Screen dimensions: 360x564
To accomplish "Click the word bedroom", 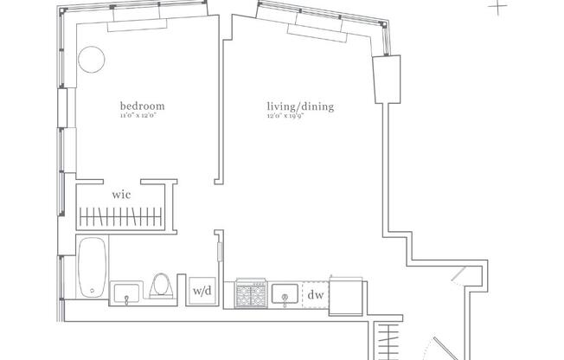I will (x=142, y=107).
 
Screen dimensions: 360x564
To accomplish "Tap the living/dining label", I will (x=300, y=107).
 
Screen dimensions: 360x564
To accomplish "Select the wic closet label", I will (x=121, y=195).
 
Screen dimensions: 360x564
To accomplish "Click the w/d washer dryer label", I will (x=202, y=291).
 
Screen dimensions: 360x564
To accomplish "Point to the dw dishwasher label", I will (x=316, y=294).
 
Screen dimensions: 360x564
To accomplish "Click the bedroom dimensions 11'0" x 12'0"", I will (x=142, y=116).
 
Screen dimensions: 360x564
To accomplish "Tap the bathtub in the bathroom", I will (x=92, y=268).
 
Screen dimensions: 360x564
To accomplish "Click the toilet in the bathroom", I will (x=161, y=285).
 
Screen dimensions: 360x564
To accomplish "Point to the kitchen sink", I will (x=284, y=294).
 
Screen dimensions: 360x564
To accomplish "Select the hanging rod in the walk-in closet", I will (x=120, y=215).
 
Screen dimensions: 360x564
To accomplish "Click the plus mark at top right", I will (x=498, y=6).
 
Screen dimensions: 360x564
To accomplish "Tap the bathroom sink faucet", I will (x=128, y=299).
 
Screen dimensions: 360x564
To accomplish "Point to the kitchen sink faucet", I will (x=284, y=300).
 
